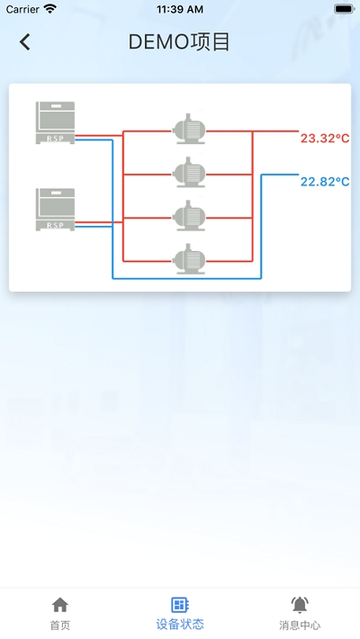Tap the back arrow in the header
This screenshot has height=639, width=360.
tap(25, 42)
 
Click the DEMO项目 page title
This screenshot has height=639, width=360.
tap(179, 42)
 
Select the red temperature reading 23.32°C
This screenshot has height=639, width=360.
tap(325, 139)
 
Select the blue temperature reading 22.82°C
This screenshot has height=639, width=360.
tap(325, 181)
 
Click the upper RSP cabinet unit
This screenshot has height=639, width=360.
tap(55, 122)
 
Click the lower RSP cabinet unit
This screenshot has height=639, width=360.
tap(55, 210)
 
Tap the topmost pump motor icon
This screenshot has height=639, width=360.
tap(189, 129)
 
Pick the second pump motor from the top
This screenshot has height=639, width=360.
tap(189, 173)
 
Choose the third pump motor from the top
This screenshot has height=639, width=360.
tap(189, 216)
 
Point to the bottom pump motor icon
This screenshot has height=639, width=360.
tap(189, 259)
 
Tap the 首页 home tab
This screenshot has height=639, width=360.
tap(60, 614)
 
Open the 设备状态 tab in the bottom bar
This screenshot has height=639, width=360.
tap(180, 614)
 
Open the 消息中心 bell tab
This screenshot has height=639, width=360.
tap(300, 614)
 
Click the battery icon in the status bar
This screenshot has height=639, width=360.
tap(345, 9)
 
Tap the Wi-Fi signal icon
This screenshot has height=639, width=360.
tap(50, 9)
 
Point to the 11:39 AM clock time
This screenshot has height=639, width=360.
tap(180, 9)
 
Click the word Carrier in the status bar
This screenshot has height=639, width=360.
tap(22, 9)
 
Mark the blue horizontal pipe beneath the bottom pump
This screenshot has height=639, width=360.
tap(186, 278)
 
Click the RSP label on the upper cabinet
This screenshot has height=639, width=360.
tap(55, 139)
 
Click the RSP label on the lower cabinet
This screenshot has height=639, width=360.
tap(55, 225)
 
